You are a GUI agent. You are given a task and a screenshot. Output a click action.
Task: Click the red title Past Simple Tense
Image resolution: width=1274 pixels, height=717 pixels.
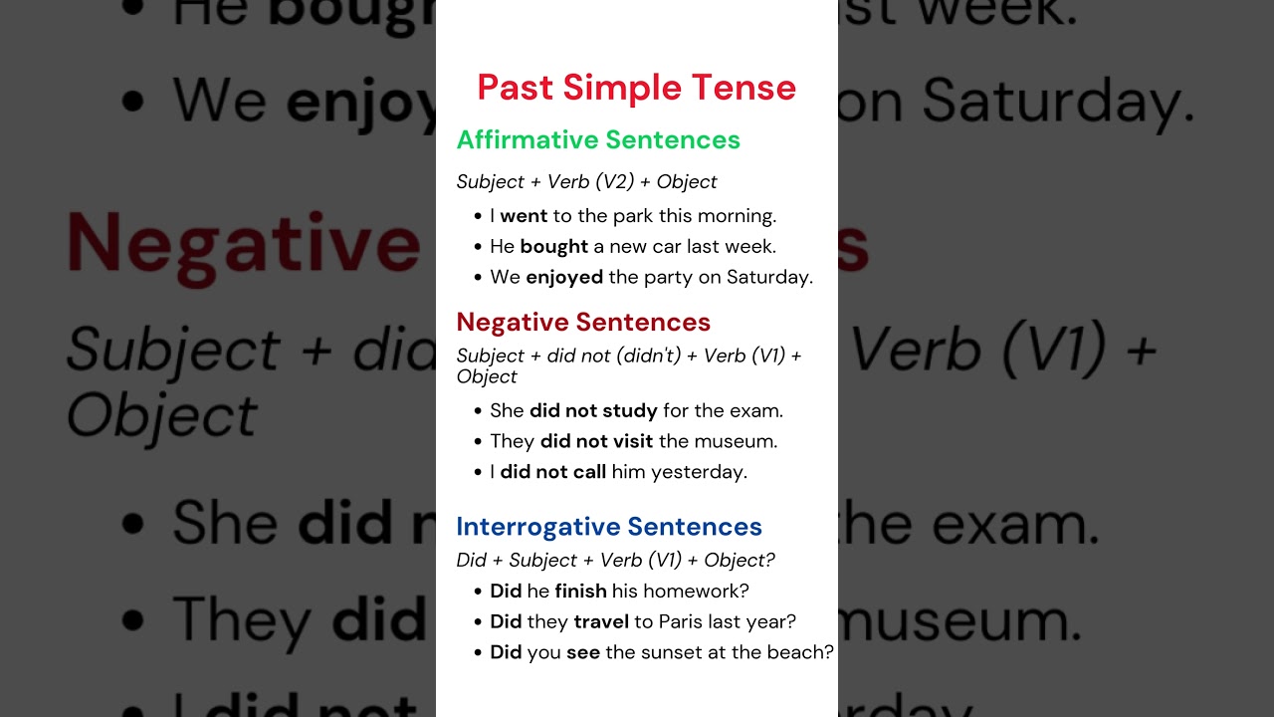pyautogui.click(x=636, y=88)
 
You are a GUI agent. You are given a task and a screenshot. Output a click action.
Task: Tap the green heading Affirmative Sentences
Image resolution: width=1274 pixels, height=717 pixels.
pyautogui.click(x=598, y=140)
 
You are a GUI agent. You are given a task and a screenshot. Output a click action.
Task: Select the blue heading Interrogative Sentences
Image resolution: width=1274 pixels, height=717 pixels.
pyautogui.click(x=609, y=527)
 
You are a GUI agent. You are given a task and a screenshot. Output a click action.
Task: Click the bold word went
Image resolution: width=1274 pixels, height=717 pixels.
pyautogui.click(x=524, y=216)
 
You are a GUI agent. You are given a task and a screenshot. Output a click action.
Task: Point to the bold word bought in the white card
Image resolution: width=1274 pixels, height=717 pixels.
pyautogui.click(x=554, y=247)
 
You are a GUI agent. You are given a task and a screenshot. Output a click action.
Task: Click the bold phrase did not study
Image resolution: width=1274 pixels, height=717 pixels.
pyautogui.click(x=593, y=410)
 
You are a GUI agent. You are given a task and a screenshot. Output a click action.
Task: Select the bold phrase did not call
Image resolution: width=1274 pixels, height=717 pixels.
pyautogui.click(x=552, y=472)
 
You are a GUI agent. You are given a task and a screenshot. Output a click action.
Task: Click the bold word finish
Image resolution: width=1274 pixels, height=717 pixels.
pyautogui.click(x=580, y=592)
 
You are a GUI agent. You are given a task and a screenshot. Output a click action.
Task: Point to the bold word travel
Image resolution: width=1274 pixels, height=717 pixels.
pyautogui.click(x=601, y=622)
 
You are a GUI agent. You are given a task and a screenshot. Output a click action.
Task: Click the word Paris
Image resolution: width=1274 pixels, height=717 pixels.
pyautogui.click(x=681, y=622)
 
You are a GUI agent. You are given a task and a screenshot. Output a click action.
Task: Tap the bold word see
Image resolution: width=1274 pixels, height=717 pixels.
pyautogui.click(x=583, y=653)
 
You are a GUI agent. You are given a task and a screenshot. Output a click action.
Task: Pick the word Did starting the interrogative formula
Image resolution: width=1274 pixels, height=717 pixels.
pyautogui.click(x=471, y=561)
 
